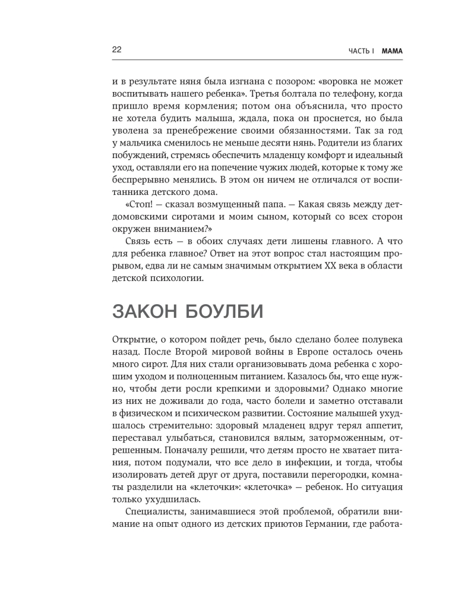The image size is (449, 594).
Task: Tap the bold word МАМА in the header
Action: pyautogui.click(x=392, y=51)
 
